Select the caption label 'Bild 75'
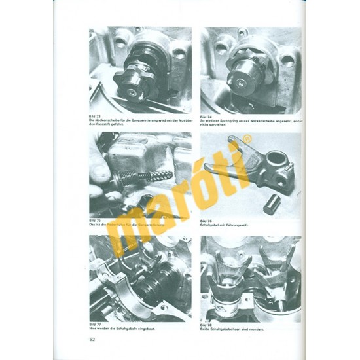(x=95, y=220)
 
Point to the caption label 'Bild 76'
(x=206, y=220)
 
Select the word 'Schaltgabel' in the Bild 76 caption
(x=211, y=224)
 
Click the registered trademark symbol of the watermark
(x=247, y=139)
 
